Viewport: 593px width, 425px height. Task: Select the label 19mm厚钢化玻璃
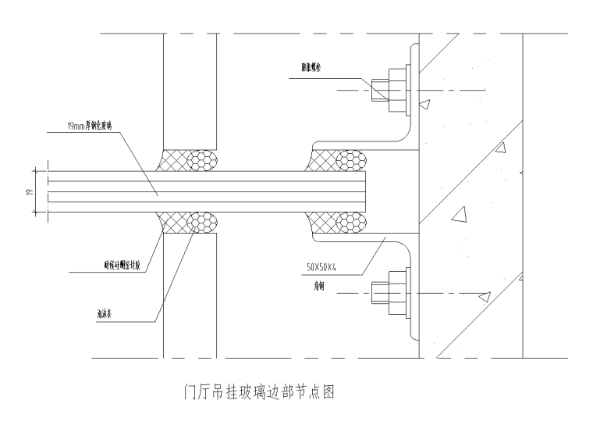(x=94, y=123)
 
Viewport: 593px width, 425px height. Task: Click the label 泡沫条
(x=105, y=316)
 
